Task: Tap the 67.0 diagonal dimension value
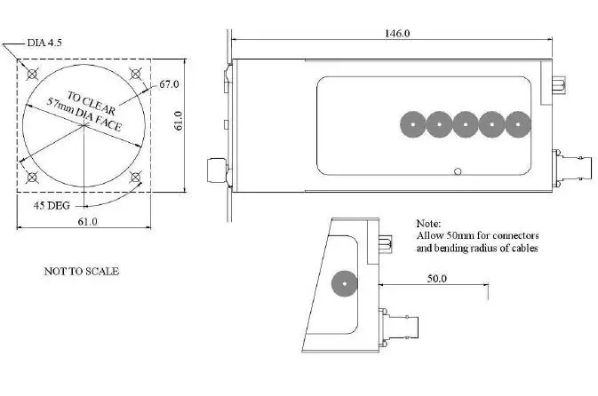coord(170,84)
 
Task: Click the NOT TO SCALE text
coord(81,271)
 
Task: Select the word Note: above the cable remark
coord(428,224)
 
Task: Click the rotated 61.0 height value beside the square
coord(178,123)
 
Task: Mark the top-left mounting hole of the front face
coord(33,73)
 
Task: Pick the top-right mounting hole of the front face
coord(135,73)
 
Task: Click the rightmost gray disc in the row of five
coord(518,124)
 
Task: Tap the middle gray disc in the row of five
coord(465,124)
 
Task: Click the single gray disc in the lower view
coord(342,284)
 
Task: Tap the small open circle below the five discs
coord(457,171)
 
